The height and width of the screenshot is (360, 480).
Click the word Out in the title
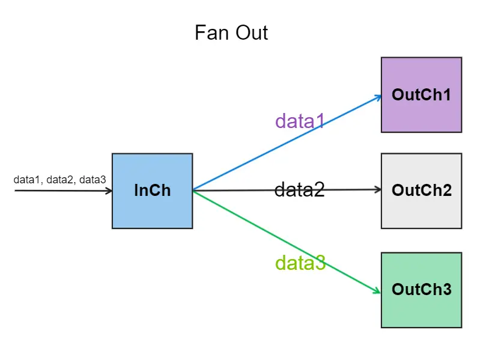tap(251, 32)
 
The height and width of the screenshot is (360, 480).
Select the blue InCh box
tap(152, 191)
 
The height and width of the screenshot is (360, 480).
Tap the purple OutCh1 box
tap(421, 95)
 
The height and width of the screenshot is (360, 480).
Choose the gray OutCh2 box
tap(421, 191)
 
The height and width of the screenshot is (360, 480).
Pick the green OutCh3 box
tap(421, 290)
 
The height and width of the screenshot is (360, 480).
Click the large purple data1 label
tap(300, 121)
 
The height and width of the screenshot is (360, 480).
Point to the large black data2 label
tap(299, 190)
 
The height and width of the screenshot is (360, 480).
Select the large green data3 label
tap(300, 263)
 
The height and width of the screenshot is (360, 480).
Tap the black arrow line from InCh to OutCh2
tap(240, 191)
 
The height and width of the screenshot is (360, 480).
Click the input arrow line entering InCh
tap(60, 191)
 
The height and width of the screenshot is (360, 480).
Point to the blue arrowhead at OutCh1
tap(378, 96)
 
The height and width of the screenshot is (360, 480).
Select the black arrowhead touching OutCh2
tap(378, 189)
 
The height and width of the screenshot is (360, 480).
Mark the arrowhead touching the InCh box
tap(109, 191)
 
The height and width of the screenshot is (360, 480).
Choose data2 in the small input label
tap(60, 180)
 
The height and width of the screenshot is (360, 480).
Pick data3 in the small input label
tap(93, 180)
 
